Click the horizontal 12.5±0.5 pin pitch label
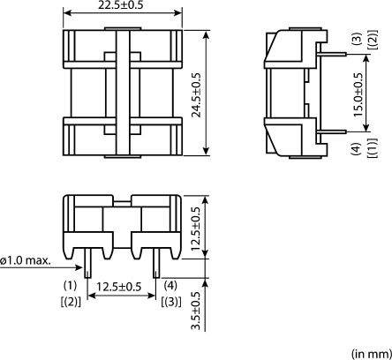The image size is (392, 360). [x=121, y=286]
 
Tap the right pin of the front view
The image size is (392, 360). [x=156, y=266]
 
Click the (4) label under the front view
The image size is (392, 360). [x=170, y=286]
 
